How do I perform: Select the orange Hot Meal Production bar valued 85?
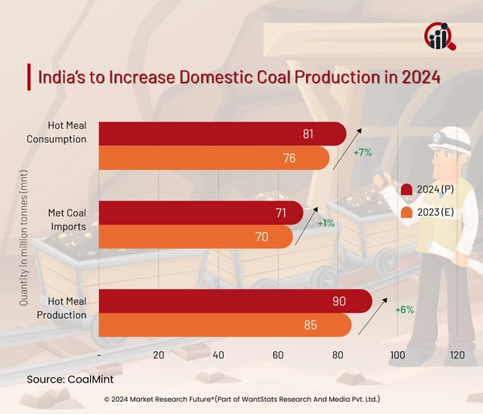coord(225,325)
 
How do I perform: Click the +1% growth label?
coord(326,223)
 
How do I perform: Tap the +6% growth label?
coord(403,310)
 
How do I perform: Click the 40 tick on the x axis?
coord(218,355)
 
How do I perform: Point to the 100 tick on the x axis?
coord(397,355)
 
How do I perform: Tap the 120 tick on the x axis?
coord(456,355)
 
